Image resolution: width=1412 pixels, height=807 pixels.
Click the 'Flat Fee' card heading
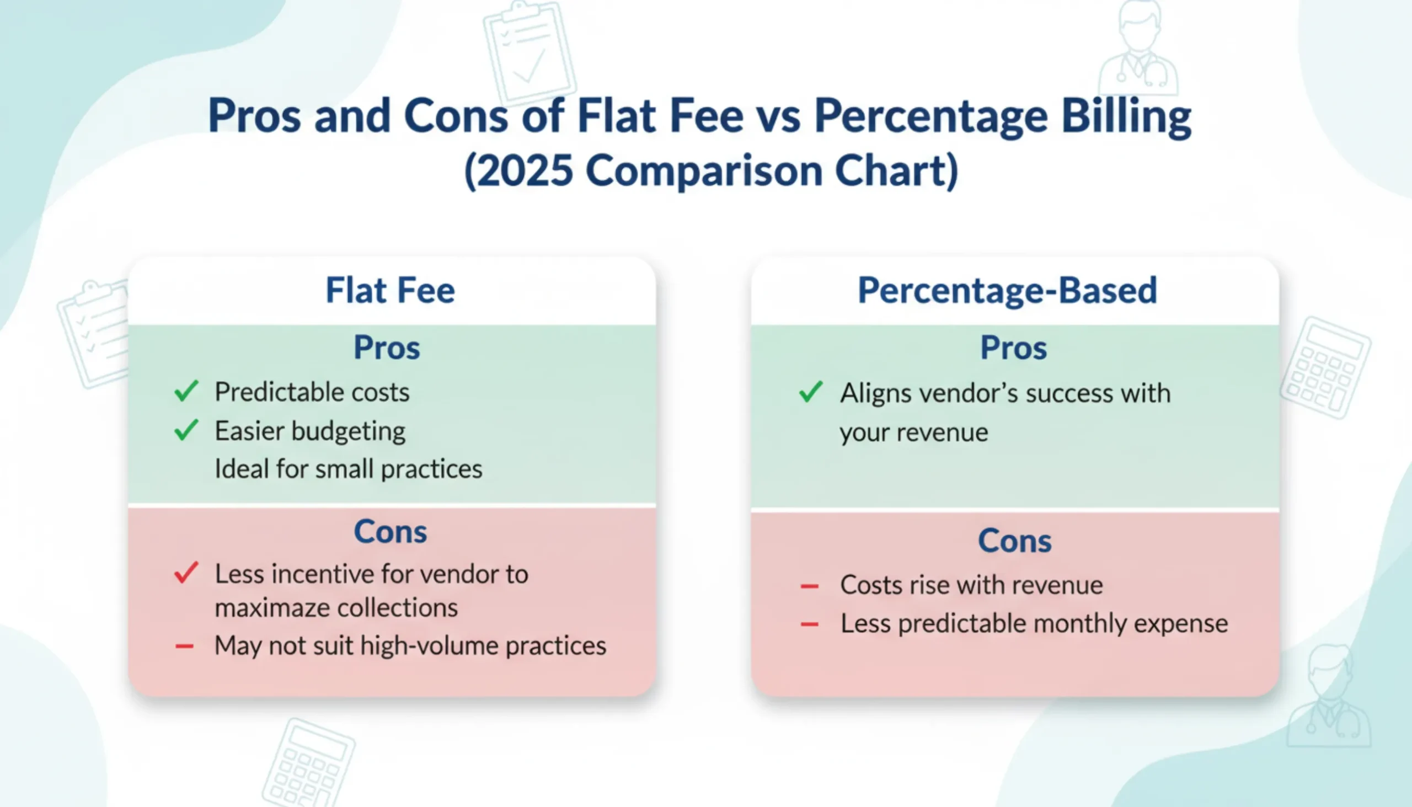390,291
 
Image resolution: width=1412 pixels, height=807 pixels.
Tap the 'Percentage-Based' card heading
1007,291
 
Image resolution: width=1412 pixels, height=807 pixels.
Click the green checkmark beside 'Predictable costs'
186,391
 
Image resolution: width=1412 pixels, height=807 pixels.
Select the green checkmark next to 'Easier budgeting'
186,430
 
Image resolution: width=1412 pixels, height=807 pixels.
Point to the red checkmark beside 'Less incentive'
186,573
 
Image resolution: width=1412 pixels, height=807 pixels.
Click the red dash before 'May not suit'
185,646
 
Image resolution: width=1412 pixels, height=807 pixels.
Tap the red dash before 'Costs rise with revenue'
810,586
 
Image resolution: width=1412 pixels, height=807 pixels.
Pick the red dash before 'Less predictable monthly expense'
810,624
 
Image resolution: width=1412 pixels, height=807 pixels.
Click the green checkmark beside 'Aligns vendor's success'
811,392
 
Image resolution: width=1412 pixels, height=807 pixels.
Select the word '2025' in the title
524,170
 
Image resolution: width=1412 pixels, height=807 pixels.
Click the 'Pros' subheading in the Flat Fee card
387,348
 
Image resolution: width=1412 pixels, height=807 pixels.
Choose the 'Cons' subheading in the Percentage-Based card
1014,541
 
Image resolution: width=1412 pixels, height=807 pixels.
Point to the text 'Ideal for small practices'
348,469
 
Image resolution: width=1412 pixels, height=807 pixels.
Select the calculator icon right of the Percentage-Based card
1325,367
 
